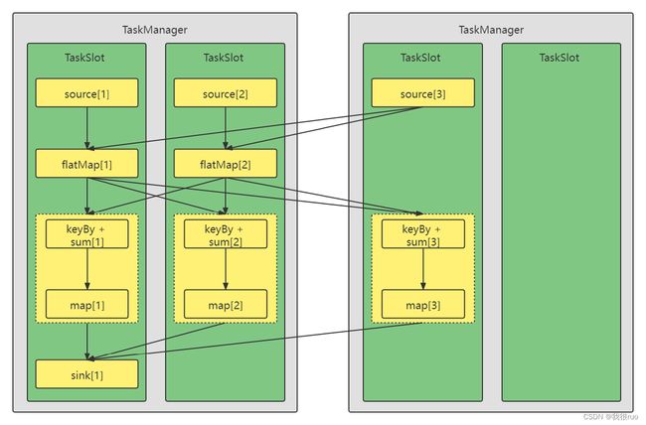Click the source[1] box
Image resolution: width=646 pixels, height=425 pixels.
[x=86, y=93]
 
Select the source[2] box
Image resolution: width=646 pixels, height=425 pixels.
[x=225, y=93]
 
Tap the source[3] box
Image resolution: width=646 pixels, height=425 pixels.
[x=422, y=93]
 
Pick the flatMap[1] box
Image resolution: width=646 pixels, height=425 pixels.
[x=86, y=164]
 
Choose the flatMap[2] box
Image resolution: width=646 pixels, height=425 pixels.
[x=225, y=164]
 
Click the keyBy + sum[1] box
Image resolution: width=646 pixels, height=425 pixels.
[x=86, y=234]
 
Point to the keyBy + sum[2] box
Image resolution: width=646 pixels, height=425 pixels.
[x=226, y=234]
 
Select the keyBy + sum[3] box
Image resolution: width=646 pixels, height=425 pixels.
[x=423, y=234]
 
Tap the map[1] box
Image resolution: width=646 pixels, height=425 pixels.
[x=86, y=304]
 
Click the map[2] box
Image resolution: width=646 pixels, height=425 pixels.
[x=226, y=304]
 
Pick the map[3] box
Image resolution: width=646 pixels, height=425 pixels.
[x=423, y=304]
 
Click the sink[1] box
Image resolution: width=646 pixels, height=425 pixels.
[x=86, y=374]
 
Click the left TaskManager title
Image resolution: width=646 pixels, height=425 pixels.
[x=154, y=30]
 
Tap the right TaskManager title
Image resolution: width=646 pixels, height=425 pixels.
[x=491, y=30]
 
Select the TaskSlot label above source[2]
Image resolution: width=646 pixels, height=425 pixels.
[x=224, y=58]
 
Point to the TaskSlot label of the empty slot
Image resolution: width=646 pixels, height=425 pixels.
[x=560, y=58]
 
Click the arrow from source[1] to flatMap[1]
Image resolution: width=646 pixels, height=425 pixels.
[x=86, y=128]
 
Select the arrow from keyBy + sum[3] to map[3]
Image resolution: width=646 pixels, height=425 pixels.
[x=423, y=269]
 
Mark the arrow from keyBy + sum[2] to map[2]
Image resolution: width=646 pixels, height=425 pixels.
[x=226, y=269]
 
